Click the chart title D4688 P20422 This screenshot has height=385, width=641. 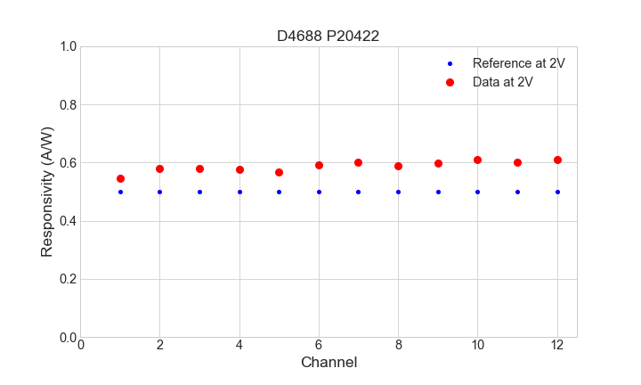coord(329,36)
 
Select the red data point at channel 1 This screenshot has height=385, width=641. coord(120,178)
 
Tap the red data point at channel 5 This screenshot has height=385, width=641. coord(279,172)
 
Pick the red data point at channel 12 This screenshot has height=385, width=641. coord(557,160)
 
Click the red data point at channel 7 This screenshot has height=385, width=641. coord(358,162)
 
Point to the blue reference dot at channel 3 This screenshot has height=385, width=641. coord(199,192)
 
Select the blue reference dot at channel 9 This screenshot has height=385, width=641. coord(438,192)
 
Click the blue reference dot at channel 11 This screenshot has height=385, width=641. coord(517,192)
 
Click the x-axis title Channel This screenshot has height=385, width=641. coord(329,363)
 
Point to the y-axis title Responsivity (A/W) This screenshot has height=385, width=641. coord(47,192)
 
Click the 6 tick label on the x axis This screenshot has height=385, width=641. coord(319,345)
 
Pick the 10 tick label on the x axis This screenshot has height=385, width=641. coord(477,345)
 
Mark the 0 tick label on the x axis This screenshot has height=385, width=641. coord(80,345)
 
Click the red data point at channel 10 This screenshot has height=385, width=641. coord(477,160)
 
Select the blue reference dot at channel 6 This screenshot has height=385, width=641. coord(319,192)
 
